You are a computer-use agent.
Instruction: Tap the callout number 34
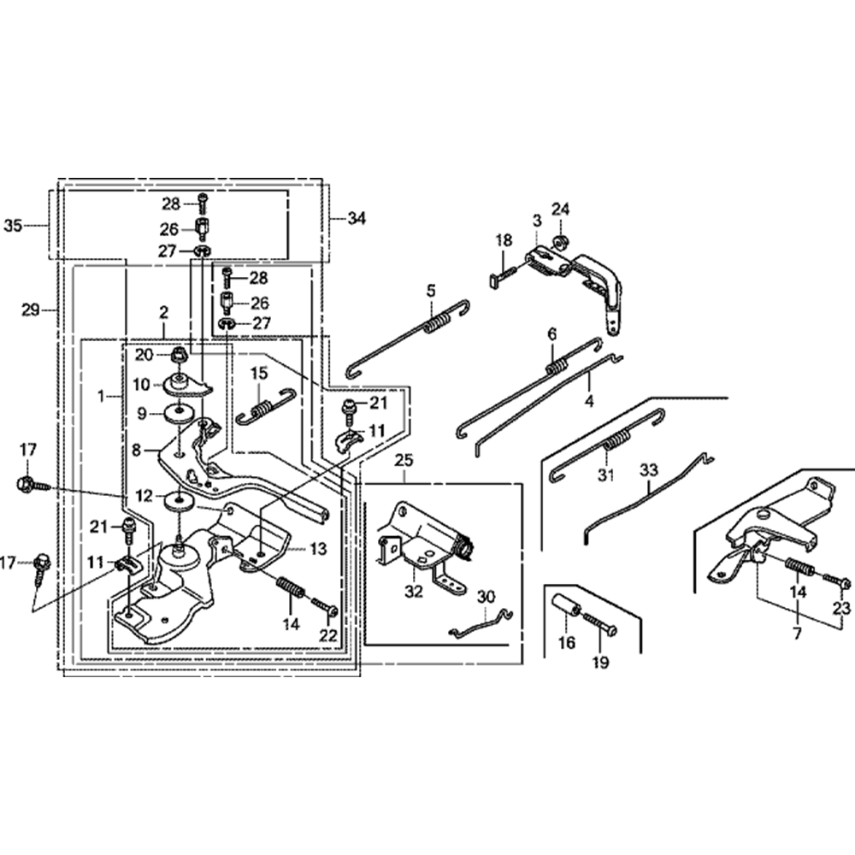tap(356, 219)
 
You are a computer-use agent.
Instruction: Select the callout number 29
tap(31, 310)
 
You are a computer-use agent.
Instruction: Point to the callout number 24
tap(560, 209)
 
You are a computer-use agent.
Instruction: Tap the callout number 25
tap(403, 461)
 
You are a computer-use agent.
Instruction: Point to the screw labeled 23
tap(837, 583)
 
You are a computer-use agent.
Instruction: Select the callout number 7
tap(797, 634)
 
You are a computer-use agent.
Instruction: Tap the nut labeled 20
tap(180, 354)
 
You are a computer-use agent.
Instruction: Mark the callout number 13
tap(317, 549)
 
